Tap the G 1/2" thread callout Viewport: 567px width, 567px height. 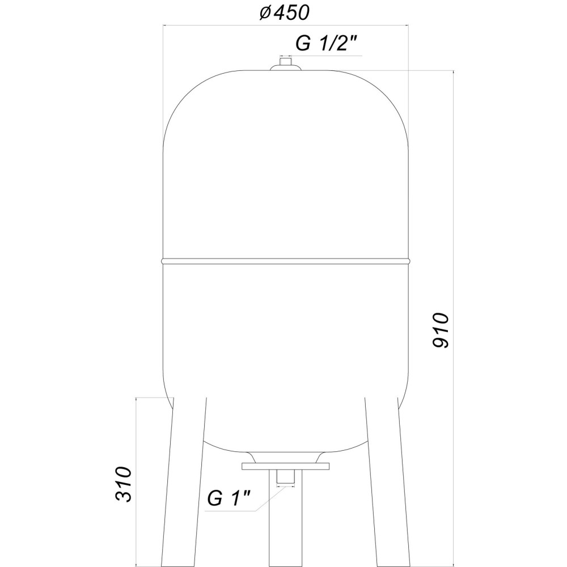tap(328, 44)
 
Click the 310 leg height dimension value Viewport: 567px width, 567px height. tap(123, 485)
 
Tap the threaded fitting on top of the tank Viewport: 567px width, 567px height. tap(285, 64)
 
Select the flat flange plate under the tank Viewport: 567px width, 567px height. tap(285, 467)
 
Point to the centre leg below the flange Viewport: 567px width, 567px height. tap(285, 527)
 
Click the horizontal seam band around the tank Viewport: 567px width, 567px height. tap(285, 261)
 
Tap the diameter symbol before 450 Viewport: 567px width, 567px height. tap(264, 13)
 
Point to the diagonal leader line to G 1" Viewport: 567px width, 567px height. tap(269, 499)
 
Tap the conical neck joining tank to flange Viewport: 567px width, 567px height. tap(285, 456)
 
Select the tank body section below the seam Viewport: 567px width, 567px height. tap(285, 340)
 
